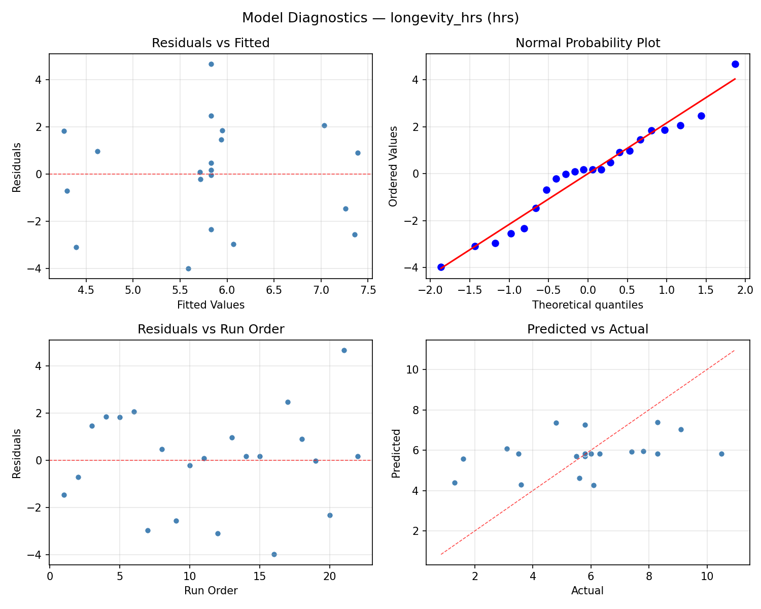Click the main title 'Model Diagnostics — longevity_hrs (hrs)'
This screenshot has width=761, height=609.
point(380,18)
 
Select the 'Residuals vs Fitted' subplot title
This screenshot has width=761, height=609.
point(211,44)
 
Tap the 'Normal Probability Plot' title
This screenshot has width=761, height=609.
point(587,44)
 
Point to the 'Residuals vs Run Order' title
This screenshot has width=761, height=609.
point(211,329)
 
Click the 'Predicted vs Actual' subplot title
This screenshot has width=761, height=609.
point(587,329)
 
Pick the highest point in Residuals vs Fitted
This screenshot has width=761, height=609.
point(211,64)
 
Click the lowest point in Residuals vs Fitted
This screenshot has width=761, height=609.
point(188,268)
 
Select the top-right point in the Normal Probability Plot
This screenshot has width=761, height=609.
point(735,64)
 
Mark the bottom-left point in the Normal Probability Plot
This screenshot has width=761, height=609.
point(441,267)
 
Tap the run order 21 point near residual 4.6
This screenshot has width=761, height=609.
point(344,350)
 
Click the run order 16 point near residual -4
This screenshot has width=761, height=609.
point(274,554)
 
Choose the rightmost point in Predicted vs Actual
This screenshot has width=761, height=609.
point(721,454)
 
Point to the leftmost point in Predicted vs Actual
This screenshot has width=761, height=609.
point(455,483)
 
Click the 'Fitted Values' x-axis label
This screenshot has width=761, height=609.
point(211,305)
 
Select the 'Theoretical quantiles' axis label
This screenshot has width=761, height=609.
point(587,305)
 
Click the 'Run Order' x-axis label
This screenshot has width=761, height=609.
point(211,591)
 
